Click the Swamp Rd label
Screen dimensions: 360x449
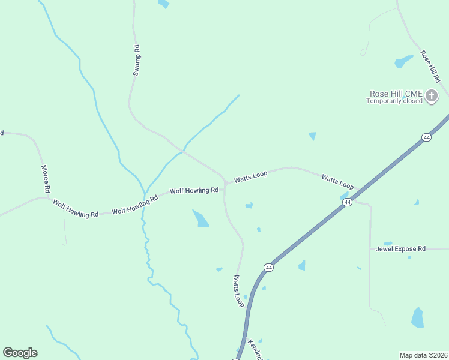[136, 61]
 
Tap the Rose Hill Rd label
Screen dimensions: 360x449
[430, 66]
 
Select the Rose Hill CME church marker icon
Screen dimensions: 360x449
[432, 95]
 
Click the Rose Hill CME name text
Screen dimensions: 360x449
[396, 94]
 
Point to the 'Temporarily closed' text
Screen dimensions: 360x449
[395, 101]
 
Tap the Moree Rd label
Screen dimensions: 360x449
[45, 179]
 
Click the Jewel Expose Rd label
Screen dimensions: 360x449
[400, 248]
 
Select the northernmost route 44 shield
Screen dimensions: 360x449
[426, 137]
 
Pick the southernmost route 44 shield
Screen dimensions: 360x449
[268, 267]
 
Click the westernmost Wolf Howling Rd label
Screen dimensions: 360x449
[76, 208]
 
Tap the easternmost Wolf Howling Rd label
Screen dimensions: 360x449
[194, 190]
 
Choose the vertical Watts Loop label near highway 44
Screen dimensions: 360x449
[239, 291]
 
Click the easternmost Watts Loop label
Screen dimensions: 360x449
[337, 182]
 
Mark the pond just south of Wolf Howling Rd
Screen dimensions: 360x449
[200, 218]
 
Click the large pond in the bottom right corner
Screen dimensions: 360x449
[417, 317]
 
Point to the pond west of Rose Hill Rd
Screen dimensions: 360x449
[403, 61]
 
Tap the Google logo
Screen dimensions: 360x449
[20, 353]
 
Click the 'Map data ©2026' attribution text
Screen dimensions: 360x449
[423, 355]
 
